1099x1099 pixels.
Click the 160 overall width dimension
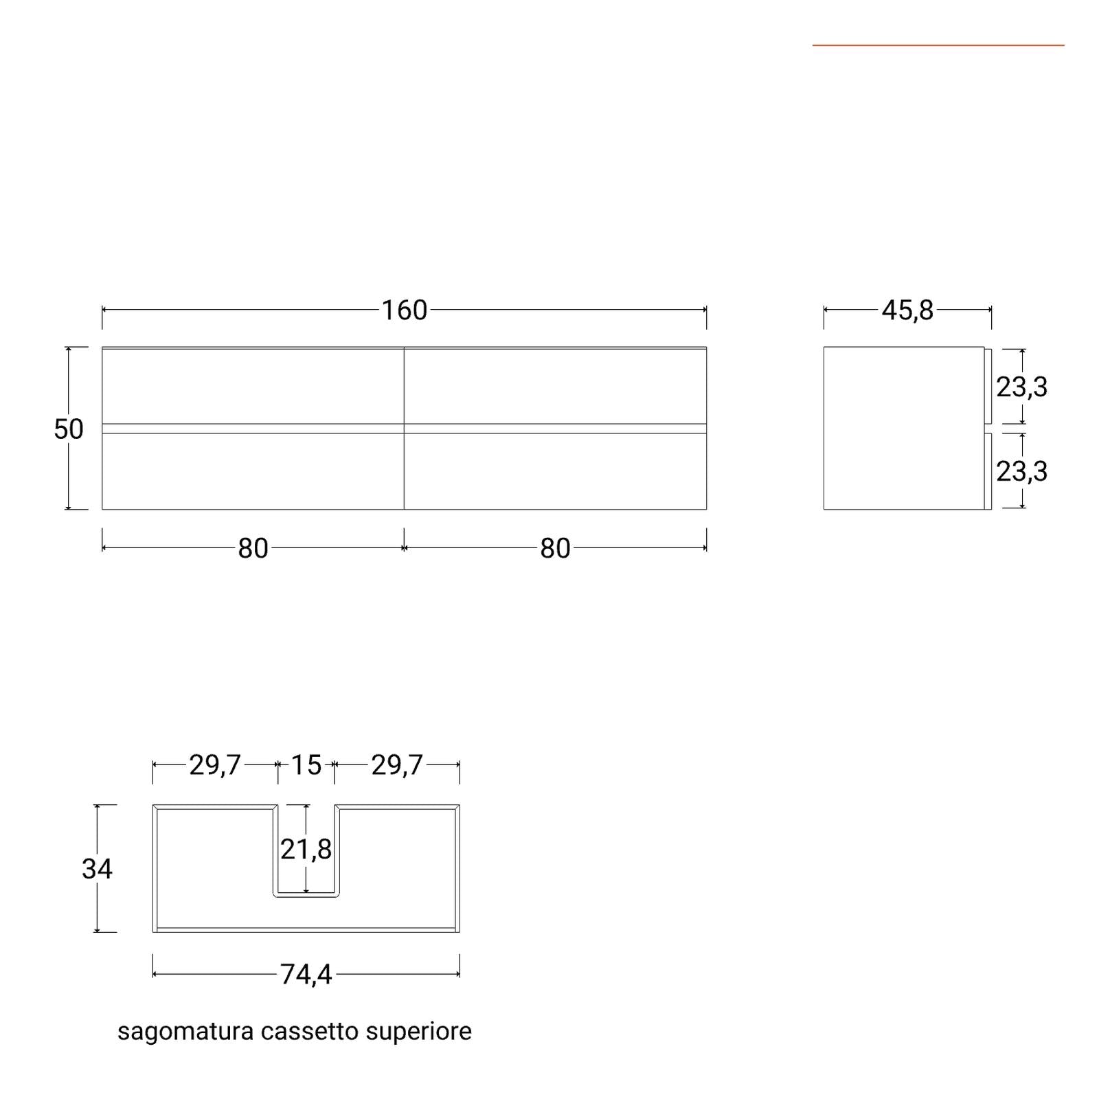pos(405,310)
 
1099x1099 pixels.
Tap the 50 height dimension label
pos(69,429)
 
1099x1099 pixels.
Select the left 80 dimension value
pos(253,549)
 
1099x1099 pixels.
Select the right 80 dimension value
pos(555,549)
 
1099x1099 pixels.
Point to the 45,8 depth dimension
pos(907,310)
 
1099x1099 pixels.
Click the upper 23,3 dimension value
pos(1022,387)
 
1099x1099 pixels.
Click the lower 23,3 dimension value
pos(1022,471)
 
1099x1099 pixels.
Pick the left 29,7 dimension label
pos(215,765)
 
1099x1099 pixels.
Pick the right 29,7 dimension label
pos(397,765)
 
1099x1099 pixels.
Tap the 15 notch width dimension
pos(306,765)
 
